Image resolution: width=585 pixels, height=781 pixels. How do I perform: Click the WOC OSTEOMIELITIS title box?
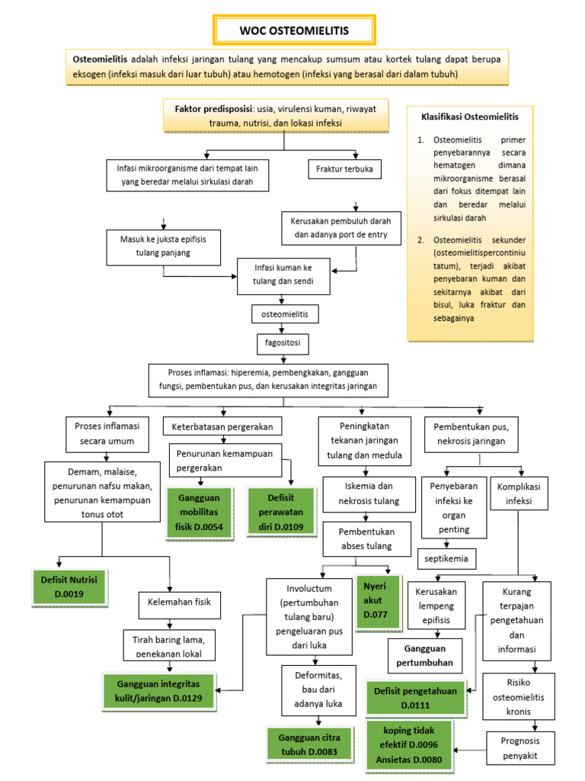[293, 30]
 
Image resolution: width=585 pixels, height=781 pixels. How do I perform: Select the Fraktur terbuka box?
[344, 169]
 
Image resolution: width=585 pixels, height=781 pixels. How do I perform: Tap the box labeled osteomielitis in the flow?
[285, 313]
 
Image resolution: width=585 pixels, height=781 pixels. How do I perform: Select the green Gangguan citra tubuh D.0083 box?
[309, 744]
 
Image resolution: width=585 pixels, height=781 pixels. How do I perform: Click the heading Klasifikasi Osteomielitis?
[469, 117]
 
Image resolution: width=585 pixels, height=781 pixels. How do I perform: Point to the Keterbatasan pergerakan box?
[222, 425]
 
